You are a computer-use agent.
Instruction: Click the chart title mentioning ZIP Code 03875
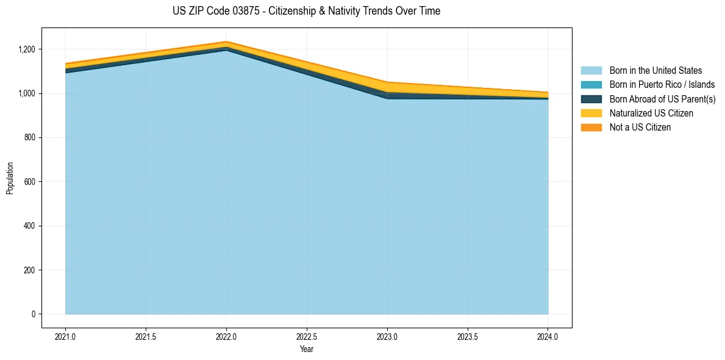[306, 11]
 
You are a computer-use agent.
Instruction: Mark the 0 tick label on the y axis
[34, 314]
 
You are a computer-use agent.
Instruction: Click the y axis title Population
[9, 178]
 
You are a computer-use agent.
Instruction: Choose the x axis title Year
[307, 348]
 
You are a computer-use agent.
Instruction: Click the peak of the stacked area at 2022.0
[227, 41]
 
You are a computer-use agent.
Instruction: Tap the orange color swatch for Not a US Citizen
[591, 128]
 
